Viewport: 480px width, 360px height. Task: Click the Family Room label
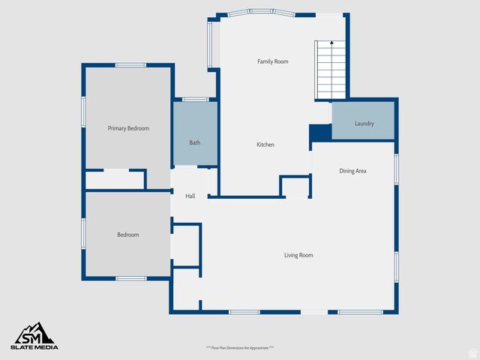click(x=272, y=61)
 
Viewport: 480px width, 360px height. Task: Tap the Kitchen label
click(x=265, y=145)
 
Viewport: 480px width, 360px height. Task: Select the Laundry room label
click(x=364, y=124)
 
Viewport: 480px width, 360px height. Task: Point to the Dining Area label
click(x=352, y=171)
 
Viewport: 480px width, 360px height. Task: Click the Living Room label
click(x=298, y=255)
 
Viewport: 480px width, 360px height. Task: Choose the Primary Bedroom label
click(x=128, y=128)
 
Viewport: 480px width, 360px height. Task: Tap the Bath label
click(x=195, y=142)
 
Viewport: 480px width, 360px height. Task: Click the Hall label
click(x=190, y=196)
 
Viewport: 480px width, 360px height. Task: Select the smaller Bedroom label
click(x=127, y=235)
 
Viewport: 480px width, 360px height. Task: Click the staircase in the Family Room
click(x=330, y=71)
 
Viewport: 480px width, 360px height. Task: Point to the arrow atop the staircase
click(x=331, y=44)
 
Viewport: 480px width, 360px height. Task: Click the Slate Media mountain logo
click(x=34, y=333)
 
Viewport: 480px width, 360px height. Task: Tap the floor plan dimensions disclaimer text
click(x=240, y=348)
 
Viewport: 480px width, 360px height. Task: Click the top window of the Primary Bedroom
click(x=130, y=65)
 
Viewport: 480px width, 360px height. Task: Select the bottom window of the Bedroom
click(x=130, y=278)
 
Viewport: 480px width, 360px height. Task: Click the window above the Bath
click(x=196, y=99)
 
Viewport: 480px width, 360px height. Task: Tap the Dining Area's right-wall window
click(x=396, y=169)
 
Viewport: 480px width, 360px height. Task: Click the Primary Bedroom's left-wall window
click(x=83, y=109)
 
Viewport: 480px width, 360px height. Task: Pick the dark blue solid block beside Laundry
click(x=320, y=132)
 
